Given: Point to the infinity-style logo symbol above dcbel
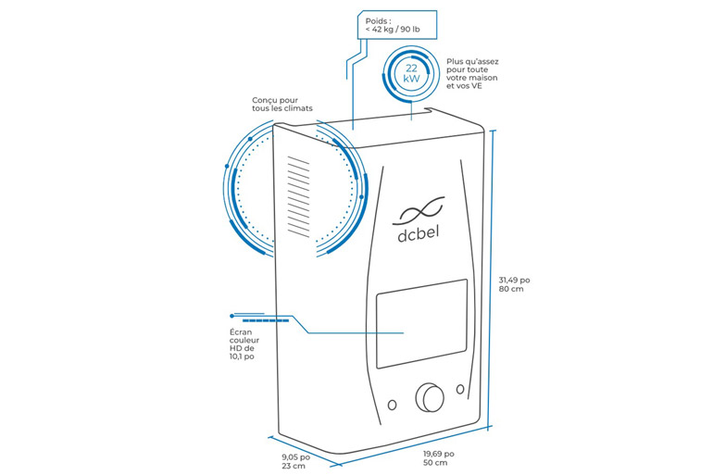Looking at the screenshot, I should pyautogui.click(x=419, y=207).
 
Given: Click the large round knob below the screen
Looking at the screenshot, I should pyautogui.click(x=431, y=396).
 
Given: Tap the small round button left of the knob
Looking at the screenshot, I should pyautogui.click(x=393, y=406).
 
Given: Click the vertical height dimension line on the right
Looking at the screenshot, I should pyautogui.click(x=496, y=278).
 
